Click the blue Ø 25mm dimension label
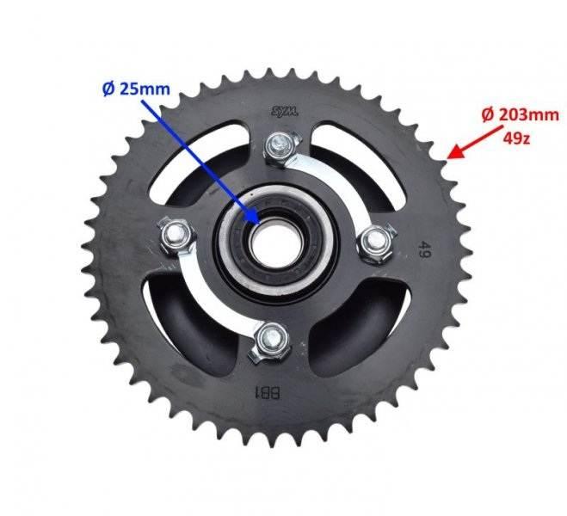136,89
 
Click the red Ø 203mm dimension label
521,115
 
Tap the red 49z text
516,137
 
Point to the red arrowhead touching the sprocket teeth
456,152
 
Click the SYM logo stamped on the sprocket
285,112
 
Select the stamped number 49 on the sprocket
424,249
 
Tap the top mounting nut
281,147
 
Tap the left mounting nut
176,236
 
